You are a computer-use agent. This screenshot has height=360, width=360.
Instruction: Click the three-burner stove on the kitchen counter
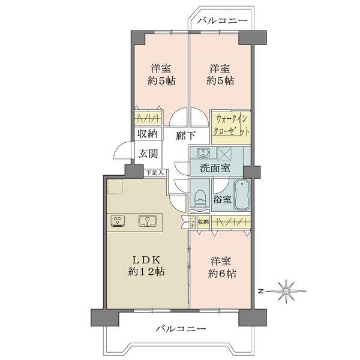(x=118, y=221)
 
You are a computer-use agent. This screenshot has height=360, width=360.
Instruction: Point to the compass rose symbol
(x=287, y=292)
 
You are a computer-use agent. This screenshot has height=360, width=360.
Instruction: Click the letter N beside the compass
(x=261, y=291)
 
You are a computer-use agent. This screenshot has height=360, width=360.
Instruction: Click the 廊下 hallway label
(x=185, y=136)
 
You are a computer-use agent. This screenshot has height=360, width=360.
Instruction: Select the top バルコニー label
(x=222, y=21)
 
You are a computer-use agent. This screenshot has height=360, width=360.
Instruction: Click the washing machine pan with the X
(x=229, y=153)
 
